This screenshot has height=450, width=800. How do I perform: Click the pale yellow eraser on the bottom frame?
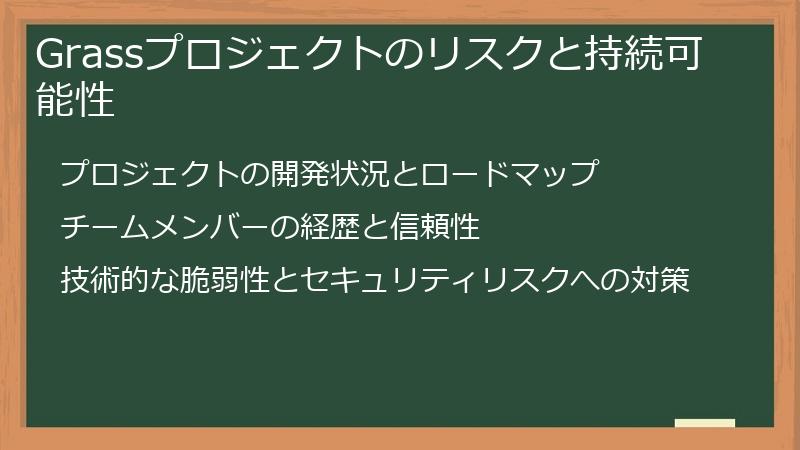(x=705, y=424)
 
